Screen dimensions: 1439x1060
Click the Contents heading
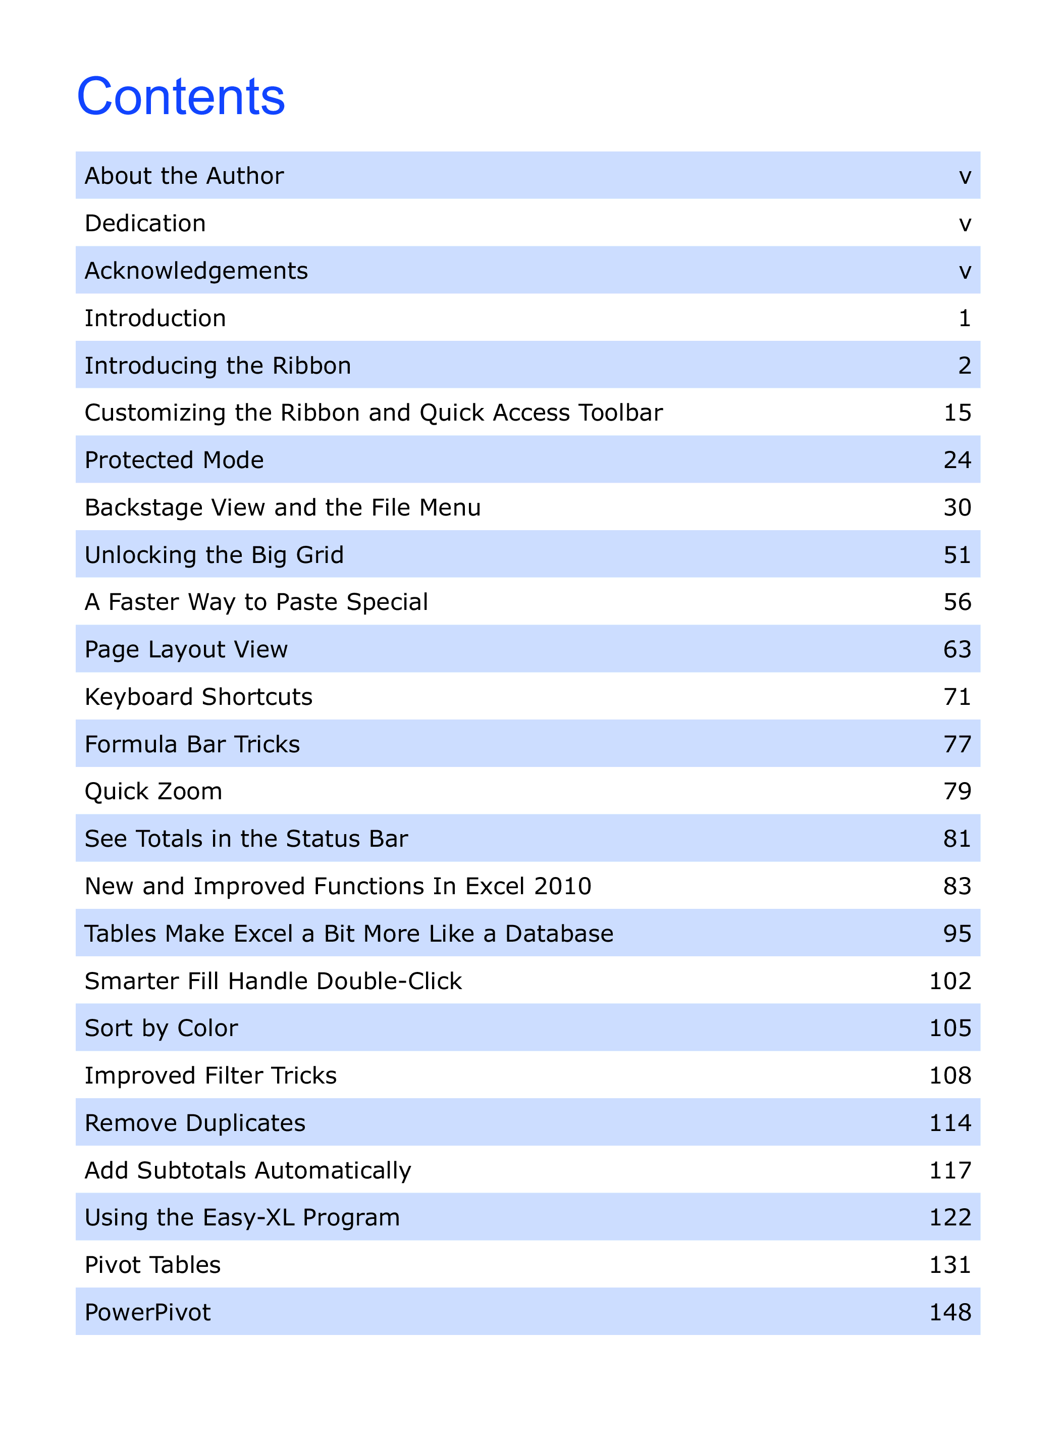click(181, 97)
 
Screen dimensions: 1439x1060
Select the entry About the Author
click(184, 176)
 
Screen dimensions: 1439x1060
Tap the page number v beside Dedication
click(965, 223)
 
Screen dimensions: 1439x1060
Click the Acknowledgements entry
click(196, 271)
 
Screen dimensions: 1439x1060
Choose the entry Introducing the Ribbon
click(218, 366)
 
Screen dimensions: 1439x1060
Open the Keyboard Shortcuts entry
click(198, 697)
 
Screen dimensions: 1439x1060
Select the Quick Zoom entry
click(153, 791)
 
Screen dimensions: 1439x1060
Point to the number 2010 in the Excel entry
click(562, 887)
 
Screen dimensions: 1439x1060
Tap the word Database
click(559, 934)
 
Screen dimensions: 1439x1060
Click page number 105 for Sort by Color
click(950, 1028)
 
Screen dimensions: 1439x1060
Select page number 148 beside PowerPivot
click(950, 1313)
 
